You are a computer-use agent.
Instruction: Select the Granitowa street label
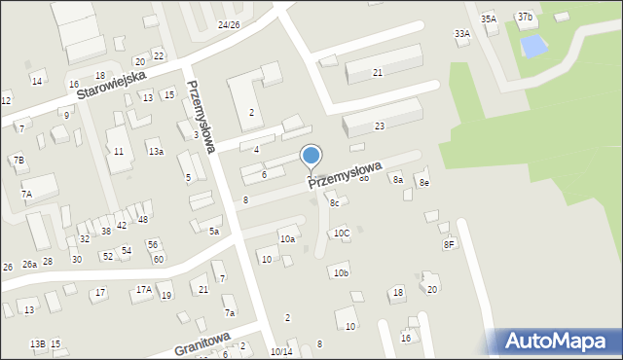[x=202, y=342]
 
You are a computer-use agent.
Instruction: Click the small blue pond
[x=532, y=45]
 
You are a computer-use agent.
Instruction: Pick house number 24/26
[x=229, y=24]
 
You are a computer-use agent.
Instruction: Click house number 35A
[x=489, y=18]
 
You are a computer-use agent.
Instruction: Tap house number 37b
[x=525, y=18]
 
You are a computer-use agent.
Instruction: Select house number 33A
[x=462, y=33]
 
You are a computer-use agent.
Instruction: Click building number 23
[x=380, y=126]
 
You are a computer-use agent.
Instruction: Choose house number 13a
[x=156, y=152]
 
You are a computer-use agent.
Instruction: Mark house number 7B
[x=18, y=160]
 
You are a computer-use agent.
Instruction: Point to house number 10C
[x=342, y=234]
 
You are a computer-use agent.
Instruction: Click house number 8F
[x=449, y=244]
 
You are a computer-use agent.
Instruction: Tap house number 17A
[x=144, y=290]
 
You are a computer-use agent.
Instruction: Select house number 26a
[x=30, y=264]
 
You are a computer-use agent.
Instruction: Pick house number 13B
[x=37, y=344]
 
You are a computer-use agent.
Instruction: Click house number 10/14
[x=281, y=351]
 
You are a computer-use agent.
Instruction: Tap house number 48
[x=142, y=220]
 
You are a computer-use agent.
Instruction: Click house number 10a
[x=287, y=239]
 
